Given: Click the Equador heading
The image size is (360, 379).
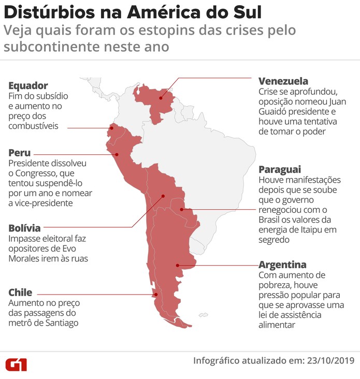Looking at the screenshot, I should coord(28,85).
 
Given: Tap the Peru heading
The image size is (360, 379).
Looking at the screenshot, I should coord(19,153).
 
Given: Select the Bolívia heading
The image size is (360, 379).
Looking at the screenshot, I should coord(24,228).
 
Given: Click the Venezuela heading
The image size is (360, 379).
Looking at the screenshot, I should coord(283,81).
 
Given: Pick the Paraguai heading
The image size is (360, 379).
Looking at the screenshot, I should coord(280,169).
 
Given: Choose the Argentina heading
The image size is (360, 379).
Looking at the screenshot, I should coord(282,264).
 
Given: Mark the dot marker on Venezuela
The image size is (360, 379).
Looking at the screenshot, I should coord(161,97).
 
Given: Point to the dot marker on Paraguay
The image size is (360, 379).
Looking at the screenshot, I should coord(182,210).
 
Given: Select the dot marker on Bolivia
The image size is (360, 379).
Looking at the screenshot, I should coord(163,196).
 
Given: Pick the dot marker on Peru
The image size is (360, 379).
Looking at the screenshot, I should coord(117,154).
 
